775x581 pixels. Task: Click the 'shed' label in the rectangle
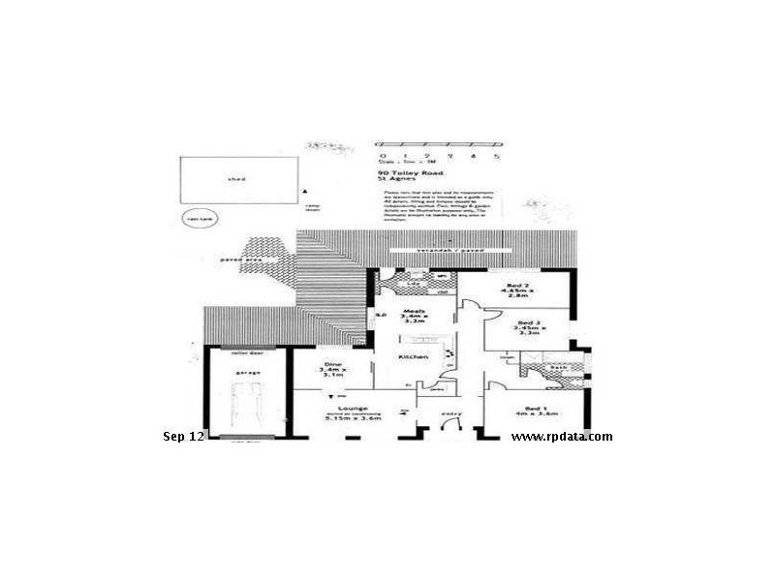pyautogui.click(x=235, y=179)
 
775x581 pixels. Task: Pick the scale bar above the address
pyautogui.click(x=439, y=156)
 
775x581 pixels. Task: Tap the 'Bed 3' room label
pyautogui.click(x=528, y=321)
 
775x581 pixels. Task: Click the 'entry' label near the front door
pyautogui.click(x=451, y=414)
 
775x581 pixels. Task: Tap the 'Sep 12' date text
pyautogui.click(x=183, y=437)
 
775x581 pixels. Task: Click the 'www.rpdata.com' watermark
pyautogui.click(x=562, y=437)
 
